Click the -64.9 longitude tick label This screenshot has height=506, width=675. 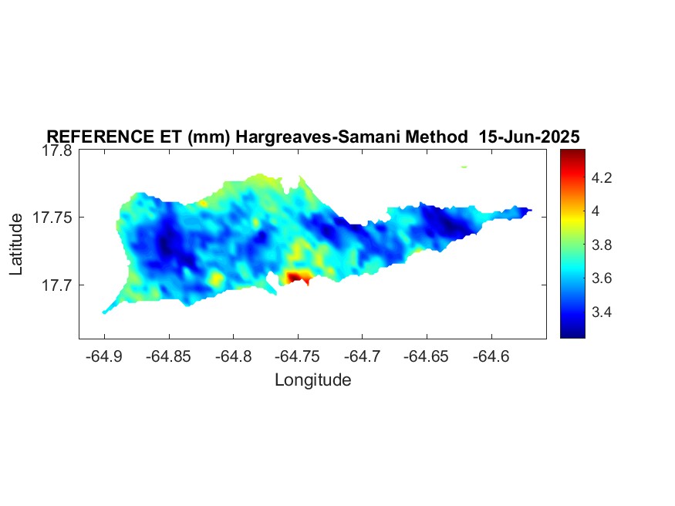pos(104,356)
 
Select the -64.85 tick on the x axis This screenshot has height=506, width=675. pos(168,356)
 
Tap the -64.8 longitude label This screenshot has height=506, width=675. pos(233,356)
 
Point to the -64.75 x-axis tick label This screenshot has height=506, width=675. pos(298,356)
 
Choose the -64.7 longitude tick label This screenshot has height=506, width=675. pos(362,356)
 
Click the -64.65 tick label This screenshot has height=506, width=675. pos(426,356)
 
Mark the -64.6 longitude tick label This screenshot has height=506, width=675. pos(491,356)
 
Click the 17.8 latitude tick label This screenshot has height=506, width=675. pos(57,150)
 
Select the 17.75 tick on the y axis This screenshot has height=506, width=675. pos(52,218)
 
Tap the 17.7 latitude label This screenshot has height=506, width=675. pos(57,285)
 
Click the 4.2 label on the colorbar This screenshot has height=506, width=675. pos(602,177)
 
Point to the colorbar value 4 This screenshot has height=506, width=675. pos(596,211)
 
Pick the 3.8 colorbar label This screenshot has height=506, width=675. pos(602,245)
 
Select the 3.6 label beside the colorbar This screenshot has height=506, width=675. pos(602,278)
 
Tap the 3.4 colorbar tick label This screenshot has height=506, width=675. pos(602,312)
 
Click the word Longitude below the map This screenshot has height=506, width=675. pos(313,380)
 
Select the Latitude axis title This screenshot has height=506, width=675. pos(16,244)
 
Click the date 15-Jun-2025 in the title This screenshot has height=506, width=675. pos(529,137)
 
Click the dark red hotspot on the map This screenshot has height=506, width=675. pos(295,277)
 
